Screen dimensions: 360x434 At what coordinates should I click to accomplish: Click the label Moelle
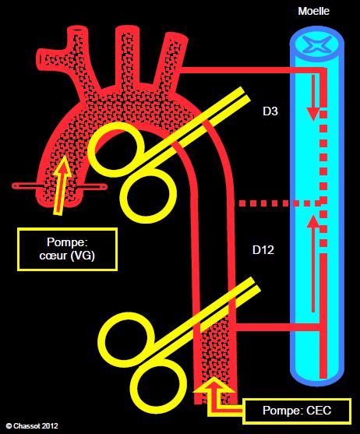point(313,11)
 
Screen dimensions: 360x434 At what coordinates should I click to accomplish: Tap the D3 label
point(270,111)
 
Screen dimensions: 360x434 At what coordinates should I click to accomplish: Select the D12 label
point(263,250)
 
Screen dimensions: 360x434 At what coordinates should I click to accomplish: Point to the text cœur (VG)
point(67,256)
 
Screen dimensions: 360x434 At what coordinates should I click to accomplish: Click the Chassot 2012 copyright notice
point(33,425)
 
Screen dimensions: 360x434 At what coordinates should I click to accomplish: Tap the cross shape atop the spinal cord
point(316,44)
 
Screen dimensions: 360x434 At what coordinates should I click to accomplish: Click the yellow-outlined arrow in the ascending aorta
point(62,185)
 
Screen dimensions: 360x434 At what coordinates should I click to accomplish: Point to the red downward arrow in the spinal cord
point(313,97)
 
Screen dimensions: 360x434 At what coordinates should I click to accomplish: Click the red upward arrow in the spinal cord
point(313,263)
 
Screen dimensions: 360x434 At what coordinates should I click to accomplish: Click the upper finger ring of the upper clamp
point(116,150)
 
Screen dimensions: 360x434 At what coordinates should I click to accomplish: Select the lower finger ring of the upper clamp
point(149,196)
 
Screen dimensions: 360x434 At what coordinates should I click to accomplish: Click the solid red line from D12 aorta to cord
point(277,327)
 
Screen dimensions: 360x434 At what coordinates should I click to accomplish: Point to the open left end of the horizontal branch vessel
point(41,58)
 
